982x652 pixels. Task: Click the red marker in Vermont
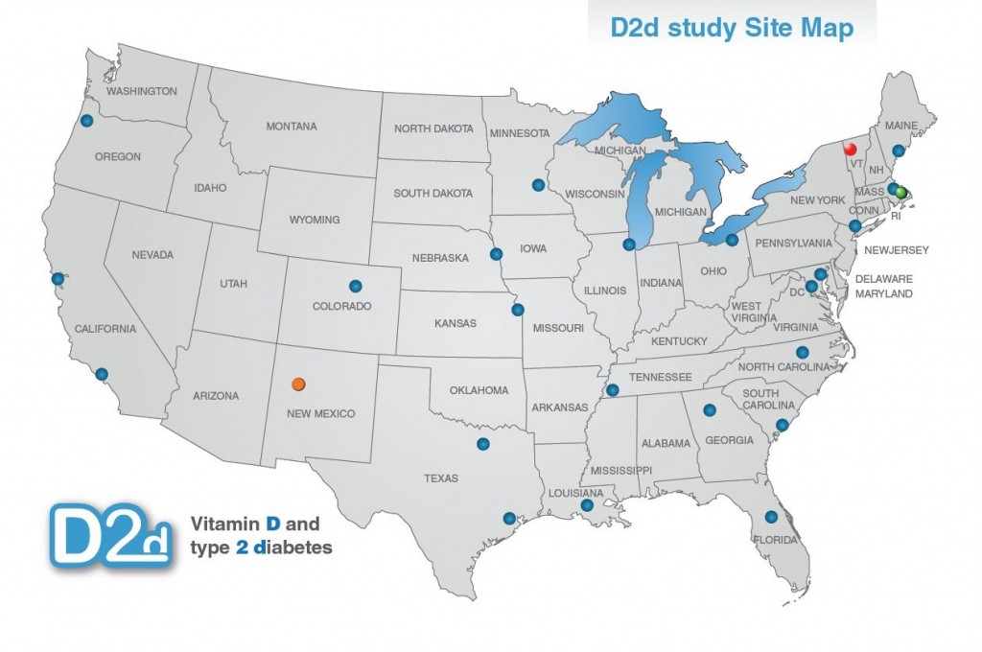848,150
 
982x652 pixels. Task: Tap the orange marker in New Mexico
298,384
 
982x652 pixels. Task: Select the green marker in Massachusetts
900,192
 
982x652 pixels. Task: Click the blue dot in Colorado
356,285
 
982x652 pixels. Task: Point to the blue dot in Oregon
86,121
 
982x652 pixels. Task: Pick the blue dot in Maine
899,151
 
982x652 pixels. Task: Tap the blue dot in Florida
771,517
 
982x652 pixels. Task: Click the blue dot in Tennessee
613,390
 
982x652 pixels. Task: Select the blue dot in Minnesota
537,185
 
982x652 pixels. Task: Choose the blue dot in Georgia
710,410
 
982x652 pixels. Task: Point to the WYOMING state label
315,220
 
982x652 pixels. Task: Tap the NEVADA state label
152,255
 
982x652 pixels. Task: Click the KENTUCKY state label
678,341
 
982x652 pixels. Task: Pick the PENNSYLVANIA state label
793,244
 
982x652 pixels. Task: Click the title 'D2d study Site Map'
732,28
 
